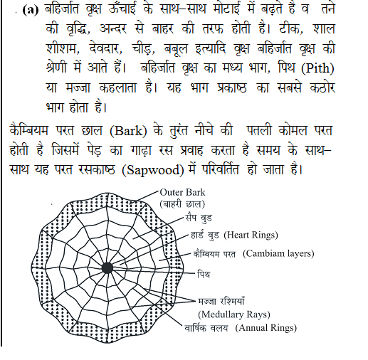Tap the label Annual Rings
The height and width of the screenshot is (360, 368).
[270, 328]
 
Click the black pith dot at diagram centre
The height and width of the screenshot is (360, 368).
[107, 268]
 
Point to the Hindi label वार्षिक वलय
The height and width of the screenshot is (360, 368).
[202, 328]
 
